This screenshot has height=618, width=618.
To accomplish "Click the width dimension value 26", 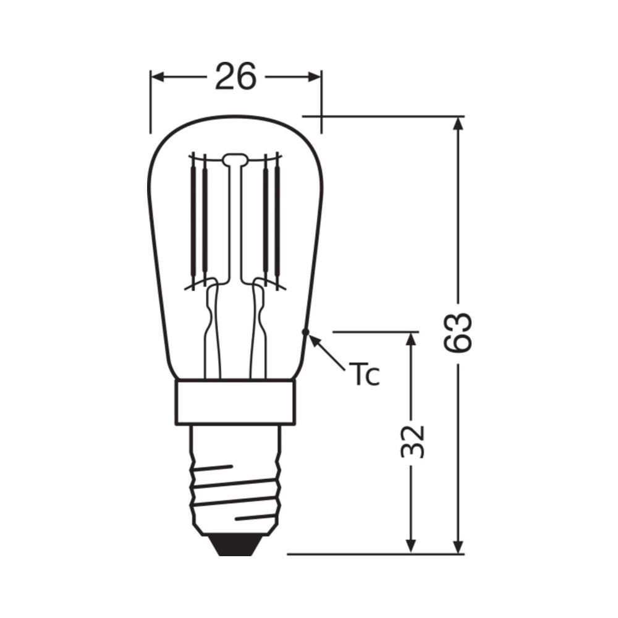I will pyautogui.click(x=235, y=77).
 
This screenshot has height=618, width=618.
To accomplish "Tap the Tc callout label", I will pyautogui.click(x=363, y=375).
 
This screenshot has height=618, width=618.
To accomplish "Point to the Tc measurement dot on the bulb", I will pyautogui.click(x=305, y=332).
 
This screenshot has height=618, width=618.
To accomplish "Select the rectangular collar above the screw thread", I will pyautogui.click(x=234, y=402).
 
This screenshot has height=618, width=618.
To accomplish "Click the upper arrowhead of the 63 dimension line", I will pyautogui.click(x=458, y=124).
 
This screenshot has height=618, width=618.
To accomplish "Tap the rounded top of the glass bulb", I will pyautogui.click(x=234, y=117).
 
